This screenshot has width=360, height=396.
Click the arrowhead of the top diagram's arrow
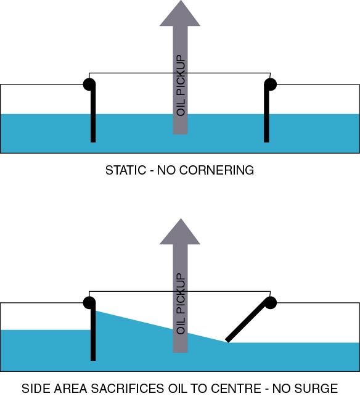(x=180, y=14)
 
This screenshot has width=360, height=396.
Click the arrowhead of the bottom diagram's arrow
(x=180, y=233)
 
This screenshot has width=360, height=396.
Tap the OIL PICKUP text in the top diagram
(x=181, y=86)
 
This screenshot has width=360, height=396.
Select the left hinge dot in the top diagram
(x=89, y=83)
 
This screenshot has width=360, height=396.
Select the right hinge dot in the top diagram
(x=270, y=83)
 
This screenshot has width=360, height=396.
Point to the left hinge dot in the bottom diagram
(x=89, y=302)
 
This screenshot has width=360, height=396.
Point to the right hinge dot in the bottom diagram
(x=270, y=302)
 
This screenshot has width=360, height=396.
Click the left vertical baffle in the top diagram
(x=93, y=117)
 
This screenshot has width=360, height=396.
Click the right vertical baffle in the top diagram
(x=267, y=117)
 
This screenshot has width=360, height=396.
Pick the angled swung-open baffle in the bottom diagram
(x=248, y=321)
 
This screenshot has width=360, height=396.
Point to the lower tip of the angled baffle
(x=228, y=340)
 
